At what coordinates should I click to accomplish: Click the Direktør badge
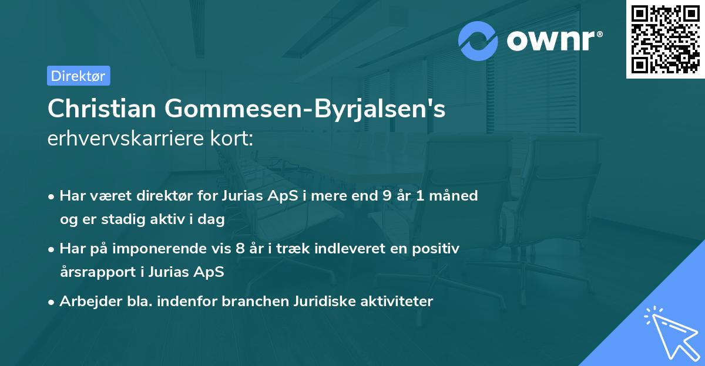click(78, 76)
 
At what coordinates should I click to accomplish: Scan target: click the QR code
click(666, 39)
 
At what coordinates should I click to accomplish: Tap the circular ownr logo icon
click(478, 40)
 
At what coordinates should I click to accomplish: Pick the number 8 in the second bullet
click(239, 249)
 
